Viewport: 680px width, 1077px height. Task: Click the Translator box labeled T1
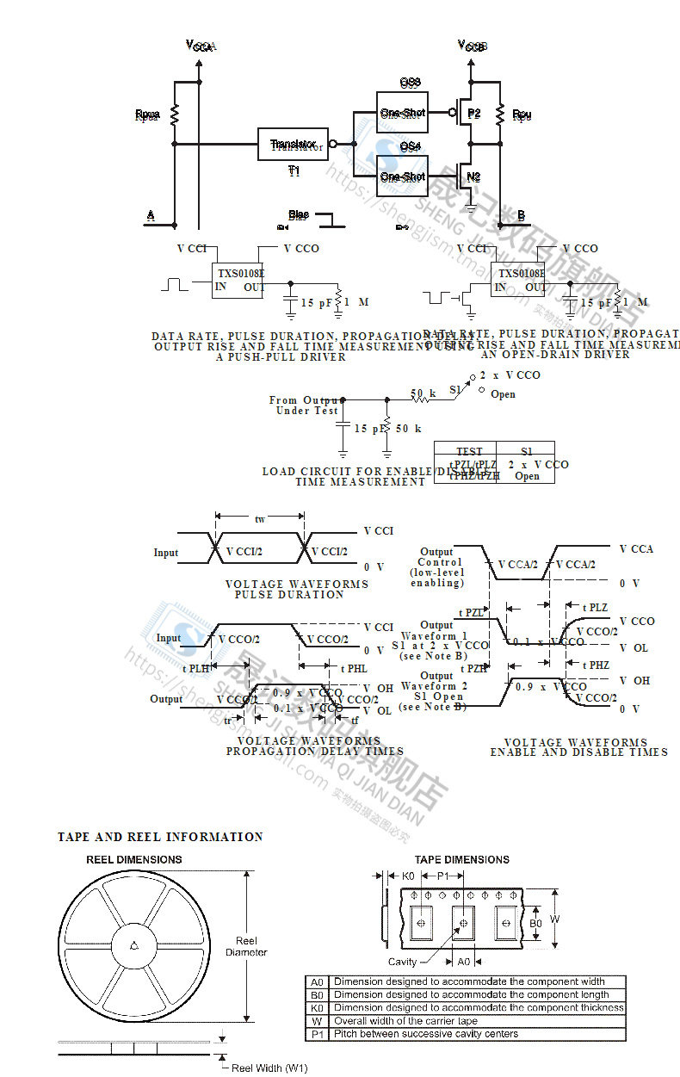(294, 144)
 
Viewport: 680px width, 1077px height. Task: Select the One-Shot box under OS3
(403, 113)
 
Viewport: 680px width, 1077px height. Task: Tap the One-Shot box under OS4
(403, 176)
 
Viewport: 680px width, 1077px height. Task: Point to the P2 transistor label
(474, 114)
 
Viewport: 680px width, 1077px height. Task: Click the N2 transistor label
(473, 177)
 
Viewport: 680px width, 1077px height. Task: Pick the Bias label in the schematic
(299, 215)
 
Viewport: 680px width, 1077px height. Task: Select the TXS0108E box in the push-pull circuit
(240, 280)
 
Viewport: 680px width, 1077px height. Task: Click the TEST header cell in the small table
(469, 451)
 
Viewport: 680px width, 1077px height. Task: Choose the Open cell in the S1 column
(527, 476)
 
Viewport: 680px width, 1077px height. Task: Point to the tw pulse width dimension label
(260, 519)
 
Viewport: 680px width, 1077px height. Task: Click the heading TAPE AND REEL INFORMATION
(160, 837)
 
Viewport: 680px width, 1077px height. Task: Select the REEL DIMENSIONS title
(134, 859)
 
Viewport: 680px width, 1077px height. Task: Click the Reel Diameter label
(246, 946)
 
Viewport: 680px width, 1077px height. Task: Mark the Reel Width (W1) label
(269, 1068)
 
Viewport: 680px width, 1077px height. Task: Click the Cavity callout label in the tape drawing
(402, 962)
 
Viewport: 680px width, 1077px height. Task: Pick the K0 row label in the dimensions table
(318, 1007)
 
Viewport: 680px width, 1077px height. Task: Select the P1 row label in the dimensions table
(318, 1034)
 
